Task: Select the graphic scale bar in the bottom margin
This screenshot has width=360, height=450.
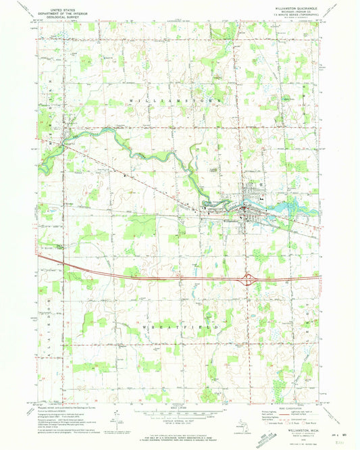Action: [180, 413]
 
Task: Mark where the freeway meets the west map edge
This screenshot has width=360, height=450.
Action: [39, 255]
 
